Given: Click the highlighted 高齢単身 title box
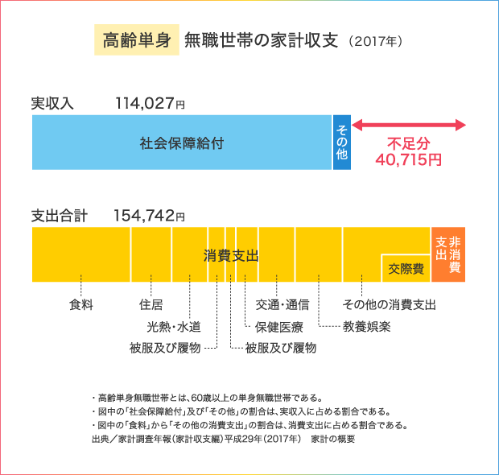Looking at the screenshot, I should (135, 39).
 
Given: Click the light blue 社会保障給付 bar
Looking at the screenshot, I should (182, 142).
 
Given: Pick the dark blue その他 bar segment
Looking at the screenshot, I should (342, 142).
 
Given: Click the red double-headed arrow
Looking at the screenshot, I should (409, 125).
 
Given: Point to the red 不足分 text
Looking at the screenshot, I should (409, 144).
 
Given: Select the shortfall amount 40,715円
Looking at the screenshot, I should (409, 159).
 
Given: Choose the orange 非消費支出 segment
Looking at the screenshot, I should (448, 254).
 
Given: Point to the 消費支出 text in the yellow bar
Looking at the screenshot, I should (231, 256).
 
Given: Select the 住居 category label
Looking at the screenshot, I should (151, 305).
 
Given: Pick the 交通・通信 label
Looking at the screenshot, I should (282, 305).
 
